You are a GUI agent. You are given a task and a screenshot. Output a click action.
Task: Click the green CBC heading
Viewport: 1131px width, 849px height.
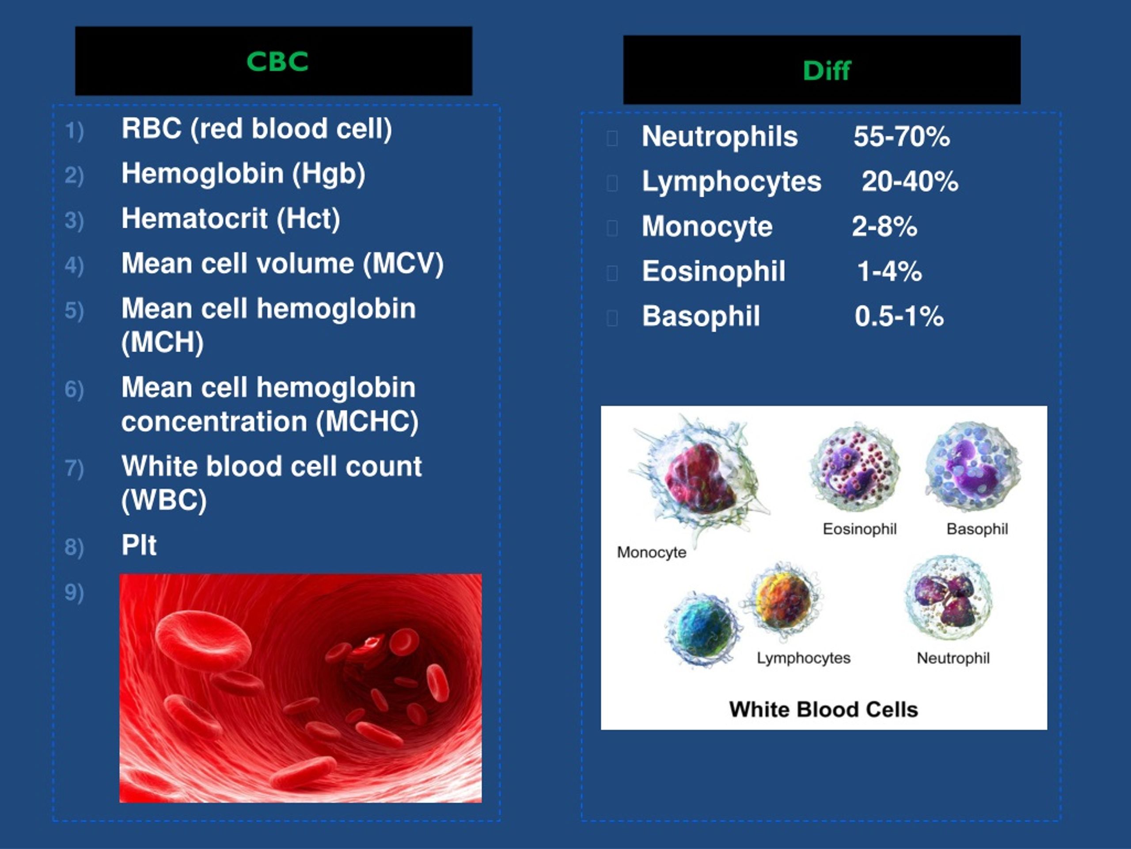pos(277,61)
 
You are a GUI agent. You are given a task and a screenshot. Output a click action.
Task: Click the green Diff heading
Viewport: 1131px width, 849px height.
pos(826,70)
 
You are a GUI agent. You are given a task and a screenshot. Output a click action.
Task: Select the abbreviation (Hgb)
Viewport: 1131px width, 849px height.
pos(329,174)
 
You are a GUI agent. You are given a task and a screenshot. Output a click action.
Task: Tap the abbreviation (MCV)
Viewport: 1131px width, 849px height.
pos(403,264)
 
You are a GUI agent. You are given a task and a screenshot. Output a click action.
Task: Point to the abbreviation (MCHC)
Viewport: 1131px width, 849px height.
pos(367,422)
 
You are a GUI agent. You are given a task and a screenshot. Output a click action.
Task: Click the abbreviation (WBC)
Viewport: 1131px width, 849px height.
pos(163,500)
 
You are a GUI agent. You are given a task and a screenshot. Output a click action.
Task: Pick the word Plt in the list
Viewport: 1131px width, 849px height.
pos(139,545)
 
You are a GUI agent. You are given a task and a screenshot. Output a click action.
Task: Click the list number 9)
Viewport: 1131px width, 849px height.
pos(74,592)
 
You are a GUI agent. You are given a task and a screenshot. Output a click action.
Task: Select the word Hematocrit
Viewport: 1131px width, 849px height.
pos(194,218)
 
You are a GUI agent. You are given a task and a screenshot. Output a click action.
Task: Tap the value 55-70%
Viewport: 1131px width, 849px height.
pos(901,137)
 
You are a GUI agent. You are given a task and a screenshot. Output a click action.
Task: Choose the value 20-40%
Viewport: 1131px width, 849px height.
pos(910,182)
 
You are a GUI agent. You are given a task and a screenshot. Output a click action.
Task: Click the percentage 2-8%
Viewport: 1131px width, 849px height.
pos(884,227)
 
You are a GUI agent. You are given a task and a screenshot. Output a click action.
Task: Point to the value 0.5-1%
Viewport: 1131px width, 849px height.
pos(899,316)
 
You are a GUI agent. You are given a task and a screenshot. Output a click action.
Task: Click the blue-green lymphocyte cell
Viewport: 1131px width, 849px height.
pos(702,630)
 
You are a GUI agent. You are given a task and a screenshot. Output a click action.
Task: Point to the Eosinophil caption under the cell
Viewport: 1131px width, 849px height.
pos(859,529)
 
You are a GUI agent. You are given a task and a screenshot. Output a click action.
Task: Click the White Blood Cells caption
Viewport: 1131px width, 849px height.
pos(823,710)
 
